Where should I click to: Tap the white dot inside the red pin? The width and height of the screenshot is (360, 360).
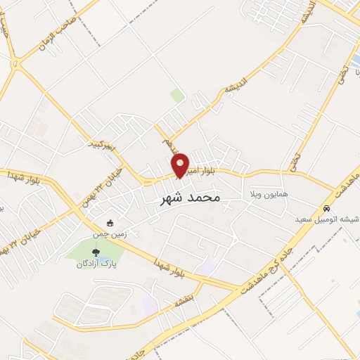[x=181, y=162]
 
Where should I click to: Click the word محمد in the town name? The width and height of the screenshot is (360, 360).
[x=203, y=198]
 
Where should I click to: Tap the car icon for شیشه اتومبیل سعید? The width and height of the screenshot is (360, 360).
[x=327, y=209]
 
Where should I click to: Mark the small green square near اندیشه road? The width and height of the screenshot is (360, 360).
[x=177, y=95]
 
